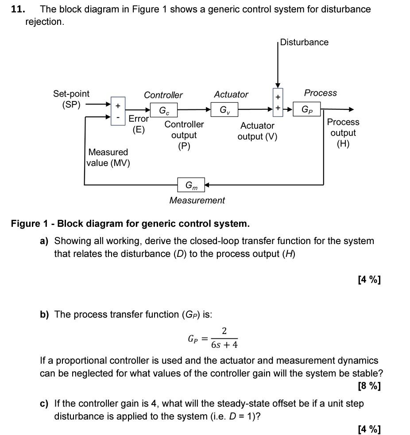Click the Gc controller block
164,110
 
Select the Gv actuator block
224,109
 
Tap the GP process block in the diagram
307,109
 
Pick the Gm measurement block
191,185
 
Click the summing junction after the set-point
118,112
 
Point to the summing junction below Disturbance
278,102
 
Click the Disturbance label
304,43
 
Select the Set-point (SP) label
71,99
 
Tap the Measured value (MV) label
108,158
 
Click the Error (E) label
139,124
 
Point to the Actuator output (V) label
257,131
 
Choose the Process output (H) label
343,132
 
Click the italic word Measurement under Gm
197,200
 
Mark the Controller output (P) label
184,135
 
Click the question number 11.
17,9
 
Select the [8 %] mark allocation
369,386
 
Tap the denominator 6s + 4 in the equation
224,345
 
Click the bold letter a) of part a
44,241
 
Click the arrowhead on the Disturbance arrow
278,85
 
